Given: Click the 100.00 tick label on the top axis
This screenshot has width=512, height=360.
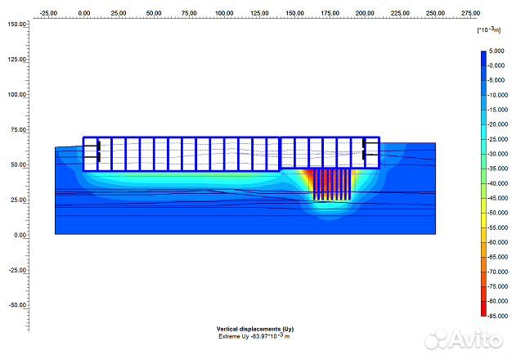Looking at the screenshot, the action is click(224, 13).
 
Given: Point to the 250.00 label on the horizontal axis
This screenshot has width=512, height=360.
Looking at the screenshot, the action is click(435, 13).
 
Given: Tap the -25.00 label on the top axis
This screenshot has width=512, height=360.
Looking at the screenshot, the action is click(48, 13).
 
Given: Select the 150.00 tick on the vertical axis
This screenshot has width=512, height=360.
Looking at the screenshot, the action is click(17, 25).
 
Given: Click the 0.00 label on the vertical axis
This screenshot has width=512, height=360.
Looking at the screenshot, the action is click(20, 235).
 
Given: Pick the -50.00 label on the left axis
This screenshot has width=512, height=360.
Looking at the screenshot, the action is click(17, 305).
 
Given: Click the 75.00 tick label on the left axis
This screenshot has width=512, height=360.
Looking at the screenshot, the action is click(18, 130).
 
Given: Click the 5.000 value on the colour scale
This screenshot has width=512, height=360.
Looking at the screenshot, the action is click(496, 51).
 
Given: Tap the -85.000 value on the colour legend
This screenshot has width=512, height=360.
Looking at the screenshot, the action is click(497, 316).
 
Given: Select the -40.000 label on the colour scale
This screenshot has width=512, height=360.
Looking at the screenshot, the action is click(497, 183).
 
